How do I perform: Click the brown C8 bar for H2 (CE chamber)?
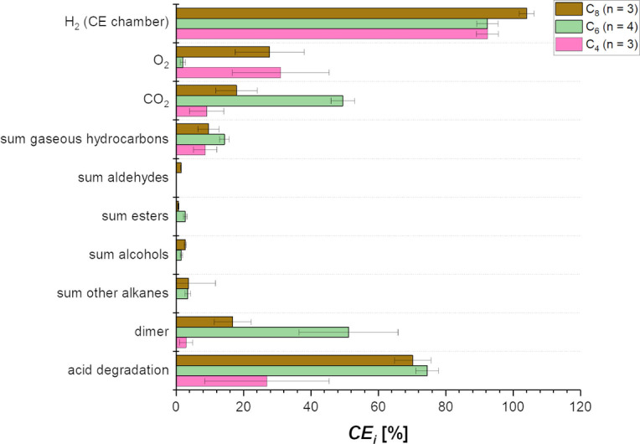(351, 13)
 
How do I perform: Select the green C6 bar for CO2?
(259, 101)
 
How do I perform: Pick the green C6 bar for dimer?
(262, 332)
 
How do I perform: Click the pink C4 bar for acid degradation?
(221, 381)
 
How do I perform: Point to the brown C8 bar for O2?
(223, 52)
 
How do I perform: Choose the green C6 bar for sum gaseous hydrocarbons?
(200, 139)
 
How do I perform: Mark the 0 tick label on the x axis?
(176, 409)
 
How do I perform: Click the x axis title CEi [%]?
(375, 433)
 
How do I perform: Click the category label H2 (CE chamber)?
(114, 23)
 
